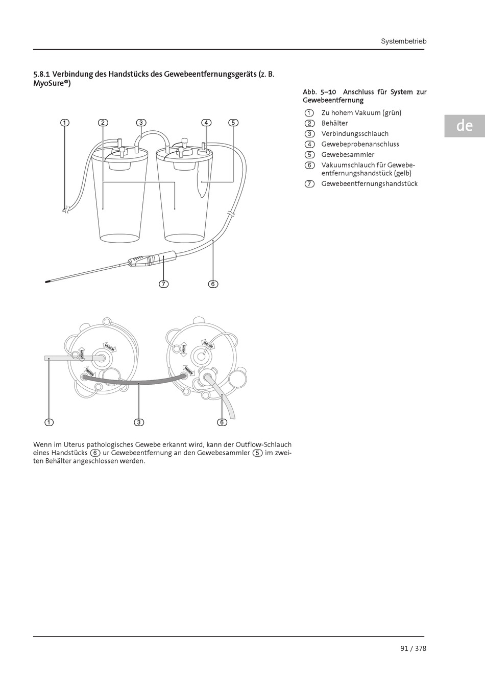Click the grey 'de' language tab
(x=464, y=126)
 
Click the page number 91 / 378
(x=413, y=648)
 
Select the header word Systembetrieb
(x=403, y=41)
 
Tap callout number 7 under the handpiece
(x=163, y=284)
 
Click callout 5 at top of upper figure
(x=233, y=123)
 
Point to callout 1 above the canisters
(x=64, y=123)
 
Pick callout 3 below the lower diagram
(x=139, y=422)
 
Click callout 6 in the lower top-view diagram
(x=222, y=422)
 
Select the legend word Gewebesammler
(x=348, y=154)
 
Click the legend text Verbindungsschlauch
(x=355, y=133)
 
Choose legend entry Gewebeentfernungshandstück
(x=369, y=183)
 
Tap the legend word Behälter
(x=334, y=123)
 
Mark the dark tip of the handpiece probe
(x=47, y=280)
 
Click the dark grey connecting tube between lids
(x=138, y=382)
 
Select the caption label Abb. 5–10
(x=319, y=92)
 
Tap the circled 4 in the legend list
(x=309, y=144)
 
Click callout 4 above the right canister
(x=206, y=123)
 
